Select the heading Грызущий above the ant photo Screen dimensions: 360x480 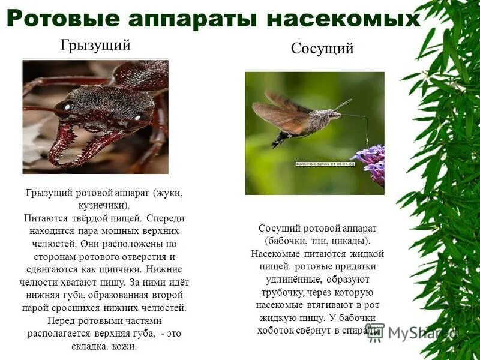95,45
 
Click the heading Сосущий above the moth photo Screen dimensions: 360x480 322,49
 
